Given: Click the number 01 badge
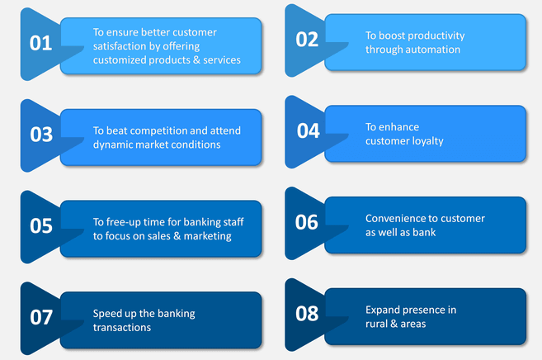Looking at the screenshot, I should pos(40,43).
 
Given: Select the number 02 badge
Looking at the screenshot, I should pos(307,40).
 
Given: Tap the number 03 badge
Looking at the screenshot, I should pos(41,135).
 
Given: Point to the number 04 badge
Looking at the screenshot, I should pos(308,131).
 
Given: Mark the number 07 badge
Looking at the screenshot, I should pos(41,318).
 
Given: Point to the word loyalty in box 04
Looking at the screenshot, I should pos(427,141).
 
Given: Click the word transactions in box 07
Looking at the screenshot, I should pos(123,328).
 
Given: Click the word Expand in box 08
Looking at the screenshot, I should pos(383,310).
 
